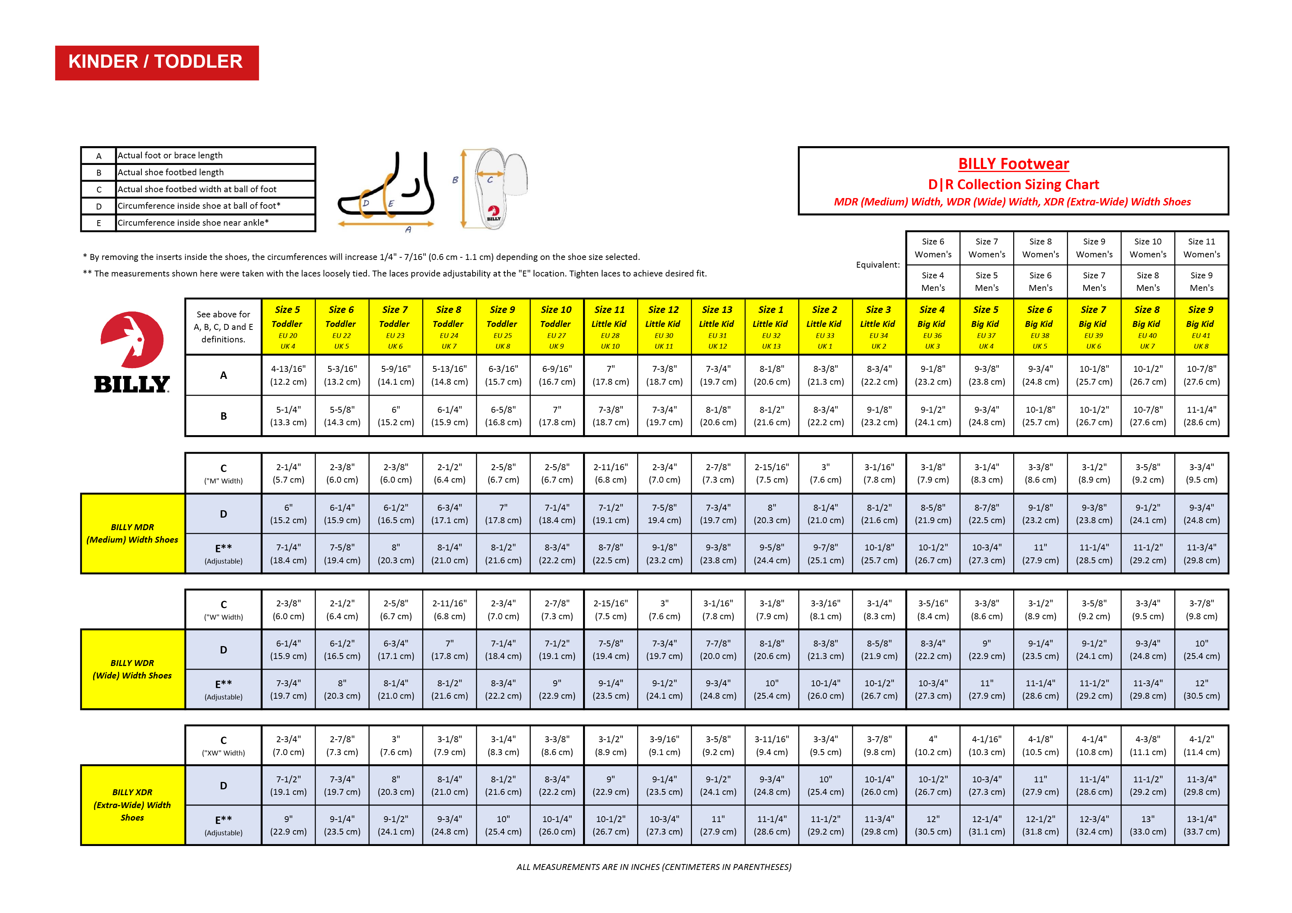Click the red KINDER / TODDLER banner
tap(157, 63)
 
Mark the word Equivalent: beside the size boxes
tap(877, 265)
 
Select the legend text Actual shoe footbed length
tap(171, 172)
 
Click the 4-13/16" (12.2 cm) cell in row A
tap(288, 375)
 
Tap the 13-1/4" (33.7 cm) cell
tap(1201, 825)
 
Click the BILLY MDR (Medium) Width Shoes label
tap(132, 533)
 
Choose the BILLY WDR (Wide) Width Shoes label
tap(132, 669)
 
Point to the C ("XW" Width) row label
tap(224, 746)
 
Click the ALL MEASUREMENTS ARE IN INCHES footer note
tap(653, 867)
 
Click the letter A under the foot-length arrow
tap(408, 229)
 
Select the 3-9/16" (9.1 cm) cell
tap(664, 745)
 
